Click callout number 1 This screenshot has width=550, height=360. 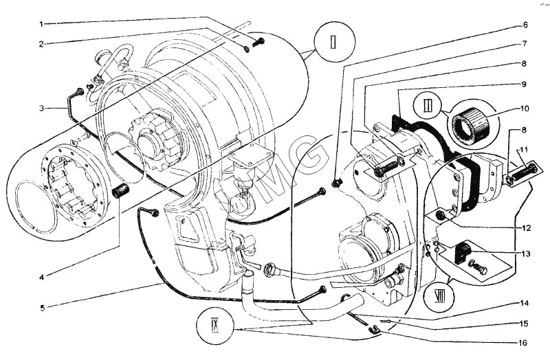(41, 25)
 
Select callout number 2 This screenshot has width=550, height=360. (41, 44)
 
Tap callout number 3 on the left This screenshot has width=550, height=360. (41, 107)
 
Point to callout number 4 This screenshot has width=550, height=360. (41, 278)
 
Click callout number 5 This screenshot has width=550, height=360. (41, 307)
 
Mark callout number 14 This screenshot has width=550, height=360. (525, 302)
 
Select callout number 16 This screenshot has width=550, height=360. (525, 341)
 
